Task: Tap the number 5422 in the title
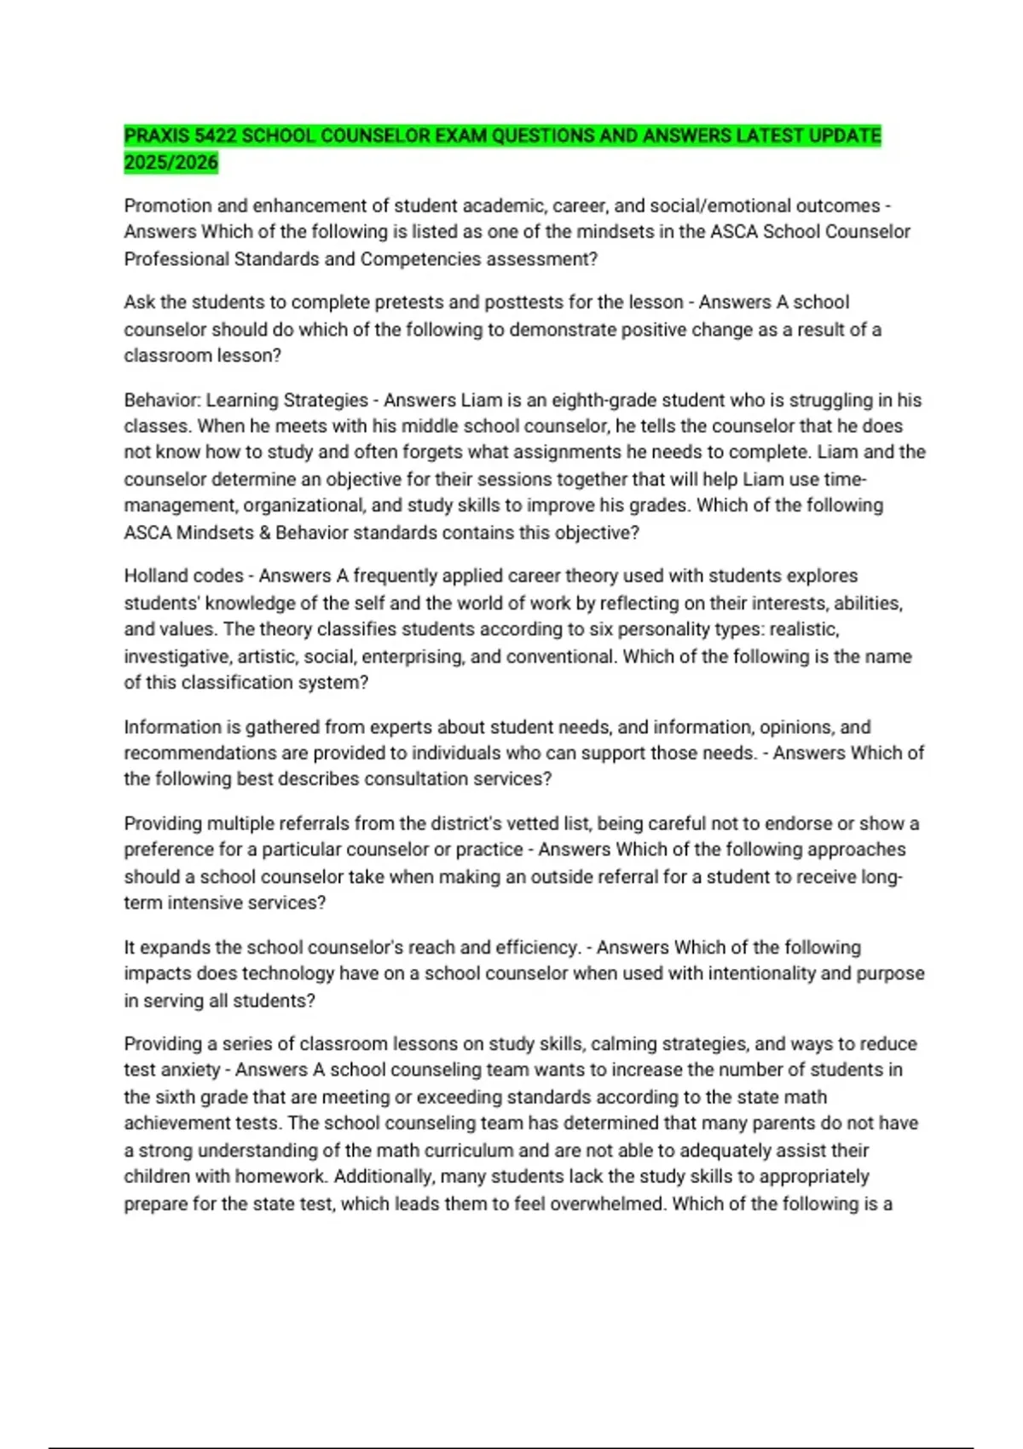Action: point(216,136)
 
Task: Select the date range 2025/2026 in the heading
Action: point(170,162)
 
